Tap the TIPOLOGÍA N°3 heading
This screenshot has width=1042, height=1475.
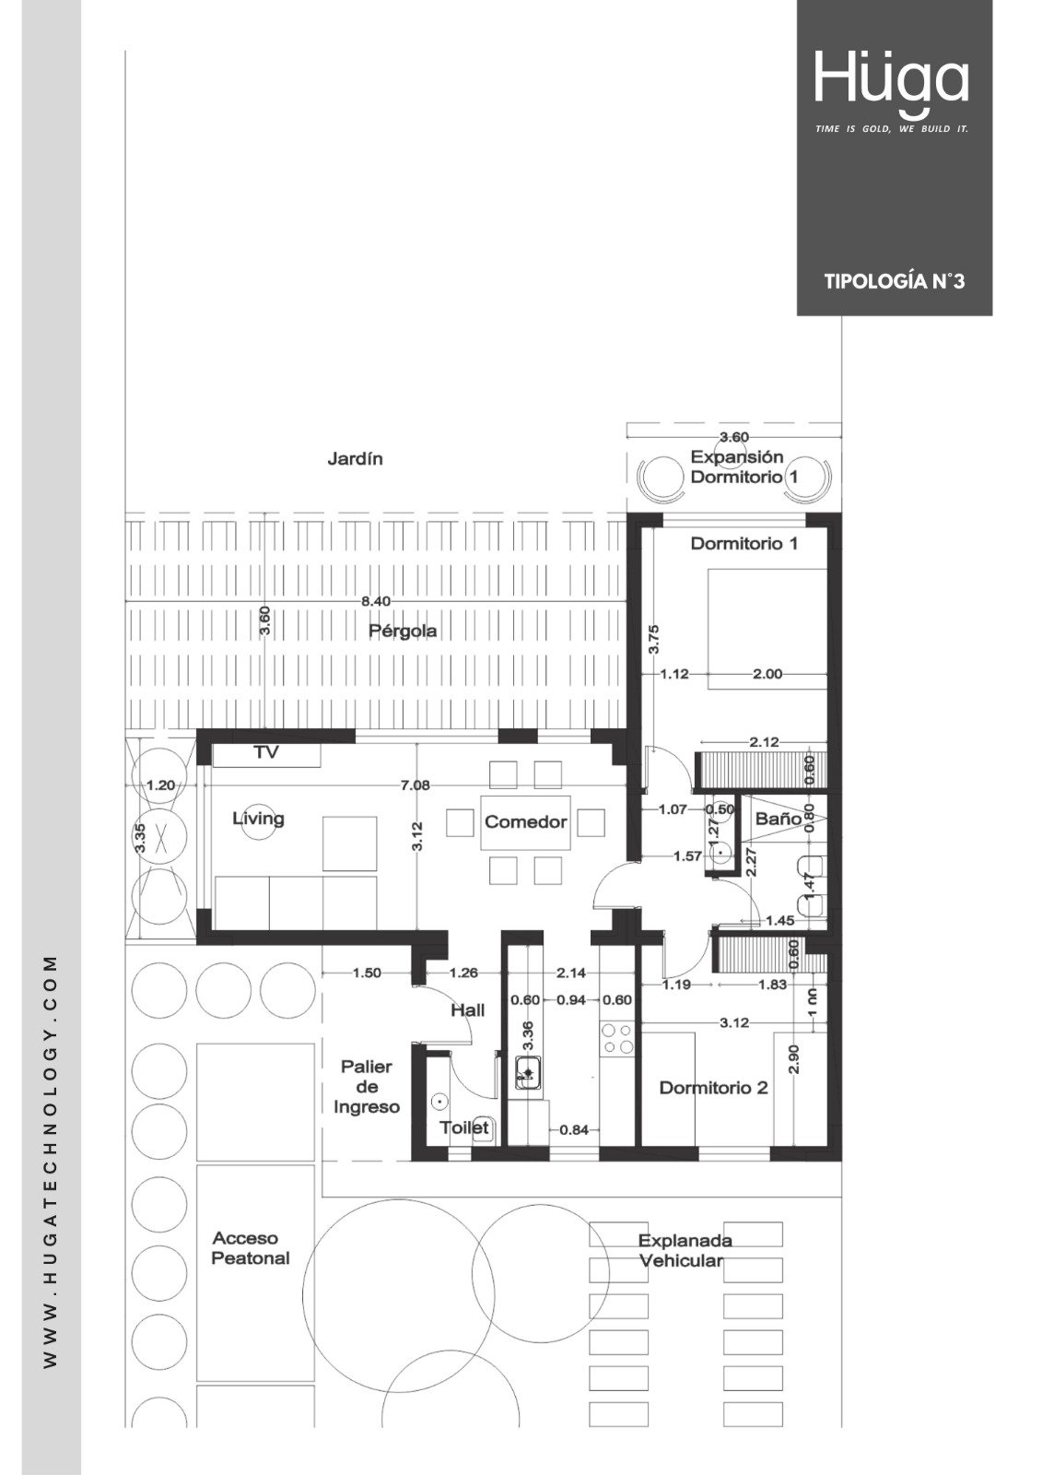pyautogui.click(x=895, y=281)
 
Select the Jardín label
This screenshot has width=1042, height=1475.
pyautogui.click(x=355, y=459)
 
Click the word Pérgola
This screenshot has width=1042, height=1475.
pyautogui.click(x=403, y=631)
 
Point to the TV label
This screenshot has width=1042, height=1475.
pyautogui.click(x=266, y=752)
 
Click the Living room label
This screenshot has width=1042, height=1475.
pyautogui.click(x=258, y=819)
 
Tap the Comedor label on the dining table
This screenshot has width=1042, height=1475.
pyautogui.click(x=525, y=821)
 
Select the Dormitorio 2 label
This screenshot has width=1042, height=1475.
pyautogui.click(x=713, y=1088)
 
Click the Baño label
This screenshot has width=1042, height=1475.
pyautogui.click(x=778, y=819)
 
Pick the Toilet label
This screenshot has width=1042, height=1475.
pyautogui.click(x=464, y=1127)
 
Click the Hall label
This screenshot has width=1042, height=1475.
pyautogui.click(x=467, y=1010)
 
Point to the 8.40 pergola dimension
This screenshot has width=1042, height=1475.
pyautogui.click(x=376, y=600)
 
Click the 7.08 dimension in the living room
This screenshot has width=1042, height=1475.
pyautogui.click(x=416, y=785)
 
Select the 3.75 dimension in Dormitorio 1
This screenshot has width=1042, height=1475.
pyautogui.click(x=653, y=639)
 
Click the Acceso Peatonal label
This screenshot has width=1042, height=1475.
pyautogui.click(x=251, y=1248)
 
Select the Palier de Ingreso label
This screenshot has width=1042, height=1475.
pyautogui.click(x=367, y=1087)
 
